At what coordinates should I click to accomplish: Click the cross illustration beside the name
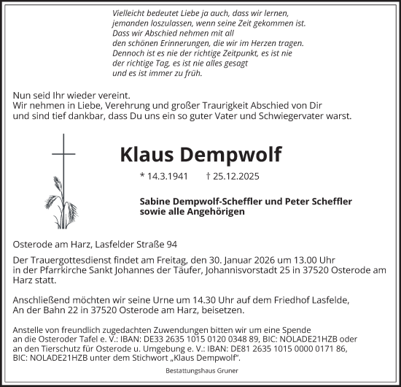pyautogui.click(x=63, y=164)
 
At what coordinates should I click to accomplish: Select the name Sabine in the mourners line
pyautogui.click(x=155, y=200)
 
